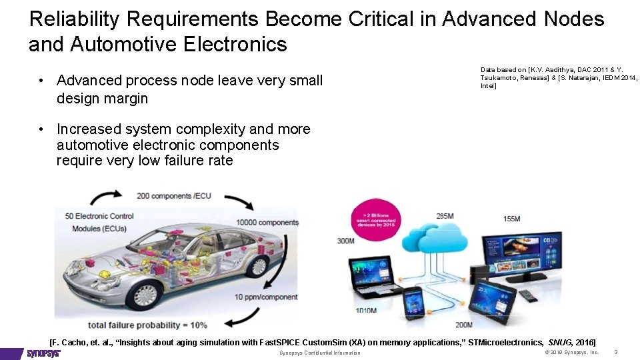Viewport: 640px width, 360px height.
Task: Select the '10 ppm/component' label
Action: [265, 297]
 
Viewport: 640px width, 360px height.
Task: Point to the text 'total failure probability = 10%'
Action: [147, 325]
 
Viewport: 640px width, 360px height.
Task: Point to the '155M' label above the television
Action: [512, 219]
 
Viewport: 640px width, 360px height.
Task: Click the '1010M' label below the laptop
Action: [365, 311]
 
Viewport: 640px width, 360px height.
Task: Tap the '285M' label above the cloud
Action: [445, 215]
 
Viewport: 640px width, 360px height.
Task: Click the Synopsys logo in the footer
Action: [43, 353]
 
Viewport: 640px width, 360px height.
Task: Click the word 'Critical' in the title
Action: [380, 19]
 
